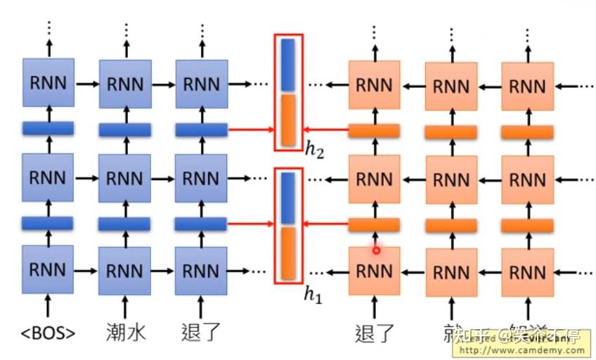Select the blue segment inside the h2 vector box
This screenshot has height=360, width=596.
pos(288,65)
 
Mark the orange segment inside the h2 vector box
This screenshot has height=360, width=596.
pos(288,120)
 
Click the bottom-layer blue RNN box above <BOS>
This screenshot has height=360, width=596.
pos(48,270)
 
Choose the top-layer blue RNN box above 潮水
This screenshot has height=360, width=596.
pos(125,84)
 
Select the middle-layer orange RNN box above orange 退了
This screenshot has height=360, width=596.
pos(374,179)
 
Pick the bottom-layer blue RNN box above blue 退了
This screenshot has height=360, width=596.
pos(201,270)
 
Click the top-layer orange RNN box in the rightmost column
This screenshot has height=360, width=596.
pos(527,86)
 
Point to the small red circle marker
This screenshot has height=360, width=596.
pos(376,250)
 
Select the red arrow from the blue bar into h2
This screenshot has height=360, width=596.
pos(250,130)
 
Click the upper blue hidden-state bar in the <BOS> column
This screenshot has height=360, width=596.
pos(48,129)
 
